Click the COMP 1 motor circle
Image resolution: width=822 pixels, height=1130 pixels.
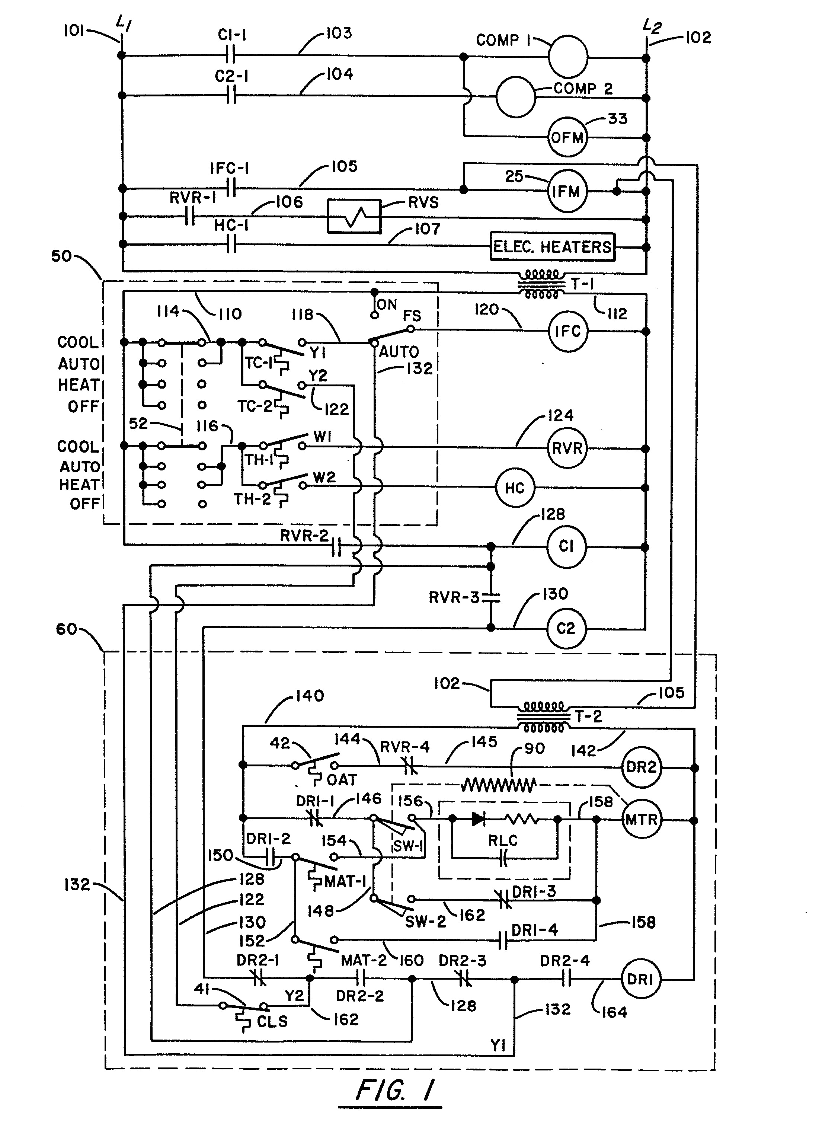568,56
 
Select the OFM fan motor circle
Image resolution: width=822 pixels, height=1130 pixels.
567,137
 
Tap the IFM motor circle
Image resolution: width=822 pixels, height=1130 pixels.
567,191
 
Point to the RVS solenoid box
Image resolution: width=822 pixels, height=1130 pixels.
354,216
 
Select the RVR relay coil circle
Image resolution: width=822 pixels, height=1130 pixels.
567,448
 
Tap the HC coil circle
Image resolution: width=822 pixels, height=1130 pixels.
515,488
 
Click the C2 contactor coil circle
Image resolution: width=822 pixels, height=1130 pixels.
566,628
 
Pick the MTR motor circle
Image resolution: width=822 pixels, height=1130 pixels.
642,820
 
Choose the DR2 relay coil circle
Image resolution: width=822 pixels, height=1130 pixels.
641,767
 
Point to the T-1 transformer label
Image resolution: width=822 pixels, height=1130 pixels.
582,284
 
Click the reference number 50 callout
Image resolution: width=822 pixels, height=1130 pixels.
61,256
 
